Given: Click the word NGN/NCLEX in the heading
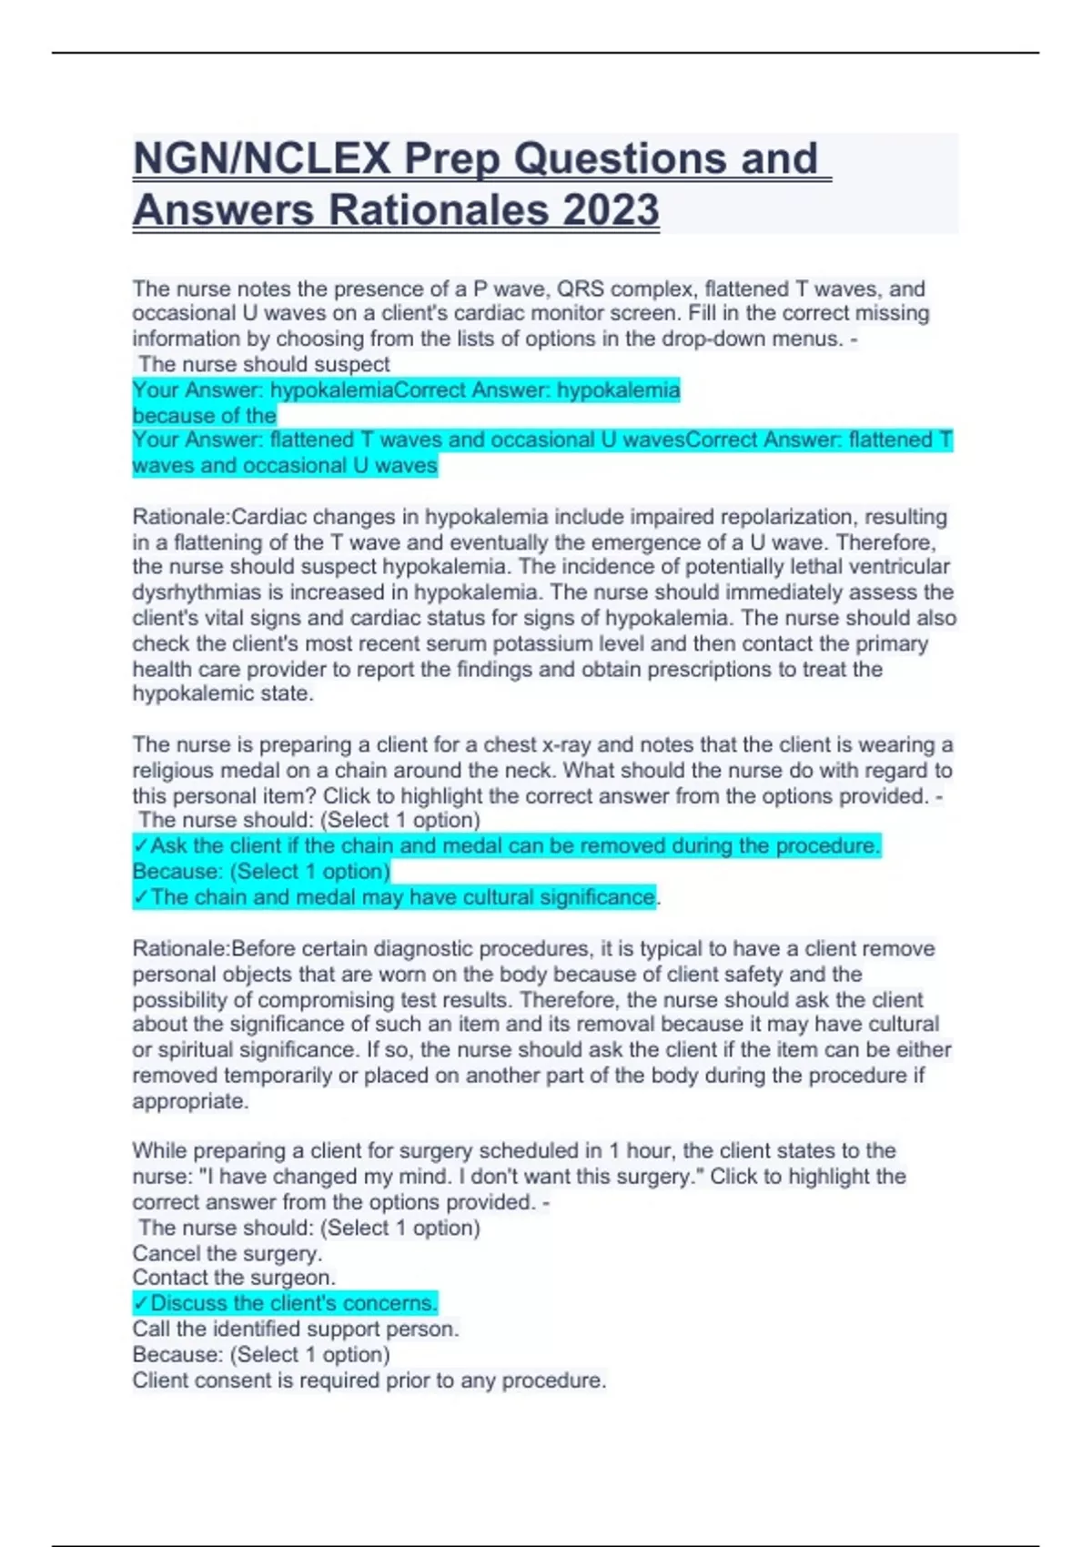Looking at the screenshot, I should (x=262, y=159).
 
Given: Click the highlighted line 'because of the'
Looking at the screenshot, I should (x=204, y=416).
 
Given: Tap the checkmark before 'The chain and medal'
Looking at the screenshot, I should (x=140, y=897).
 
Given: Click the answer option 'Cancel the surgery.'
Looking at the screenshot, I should (x=227, y=1253).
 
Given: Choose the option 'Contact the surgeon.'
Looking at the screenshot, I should (x=234, y=1278).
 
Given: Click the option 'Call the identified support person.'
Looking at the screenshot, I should (x=296, y=1329).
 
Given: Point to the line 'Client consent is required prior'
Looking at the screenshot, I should (x=369, y=1380).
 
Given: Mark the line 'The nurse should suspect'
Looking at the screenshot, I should (x=264, y=364).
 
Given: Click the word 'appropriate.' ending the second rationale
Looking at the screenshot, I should (x=190, y=1101).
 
